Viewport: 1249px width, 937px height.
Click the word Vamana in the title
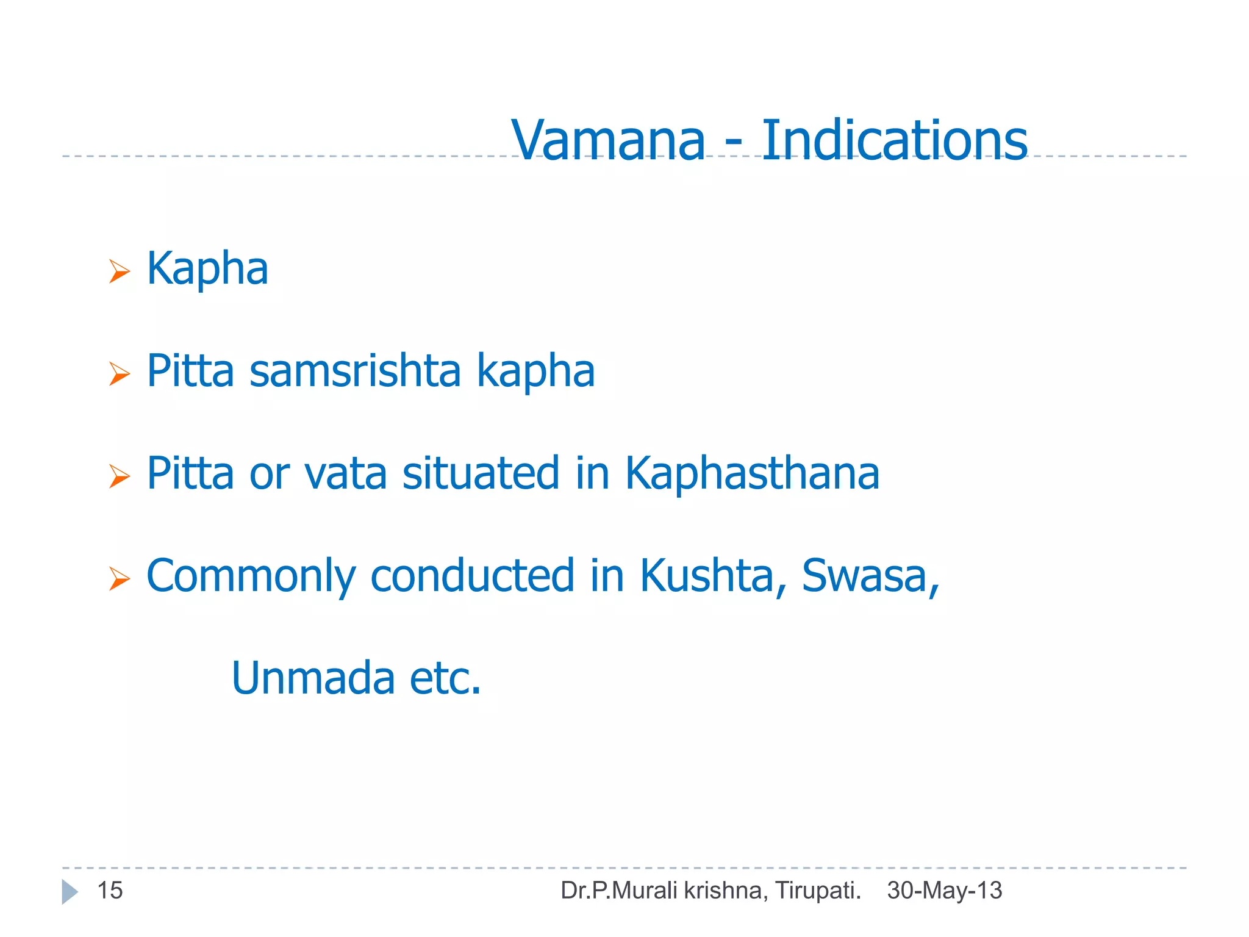pyautogui.click(x=608, y=141)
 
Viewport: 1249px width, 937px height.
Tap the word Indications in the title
pyautogui.click(x=894, y=141)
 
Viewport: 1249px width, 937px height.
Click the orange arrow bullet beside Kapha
pyautogui.click(x=120, y=271)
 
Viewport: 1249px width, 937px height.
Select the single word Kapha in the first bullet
pyautogui.click(x=207, y=268)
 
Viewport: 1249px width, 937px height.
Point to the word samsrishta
pyautogui.click(x=355, y=371)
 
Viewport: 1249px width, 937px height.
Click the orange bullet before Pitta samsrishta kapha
pyautogui.click(x=120, y=373)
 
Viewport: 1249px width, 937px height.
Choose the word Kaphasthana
pyautogui.click(x=752, y=473)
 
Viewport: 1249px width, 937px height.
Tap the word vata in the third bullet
pyautogui.click(x=345, y=473)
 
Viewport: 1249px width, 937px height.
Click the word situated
pyautogui.click(x=481, y=473)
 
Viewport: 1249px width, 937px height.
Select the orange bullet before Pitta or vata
pyautogui.click(x=120, y=476)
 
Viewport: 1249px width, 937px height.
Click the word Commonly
pyautogui.click(x=251, y=576)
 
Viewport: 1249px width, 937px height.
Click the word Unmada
pyautogui.click(x=313, y=678)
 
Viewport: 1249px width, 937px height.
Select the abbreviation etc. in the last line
pyautogui.click(x=445, y=678)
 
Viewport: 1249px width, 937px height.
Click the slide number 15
pyautogui.click(x=110, y=891)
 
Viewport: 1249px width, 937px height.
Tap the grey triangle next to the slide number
pyautogui.click(x=70, y=892)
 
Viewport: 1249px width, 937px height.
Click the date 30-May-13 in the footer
pyautogui.click(x=944, y=891)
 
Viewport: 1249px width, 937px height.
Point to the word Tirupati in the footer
pyautogui.click(x=817, y=891)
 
